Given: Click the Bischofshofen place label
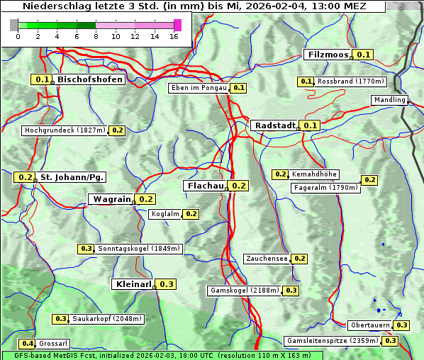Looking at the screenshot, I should tap(90, 80).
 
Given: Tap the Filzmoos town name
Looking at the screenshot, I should tap(328, 55).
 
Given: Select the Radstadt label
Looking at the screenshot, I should tap(274, 125).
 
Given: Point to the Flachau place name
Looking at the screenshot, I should tap(204, 186).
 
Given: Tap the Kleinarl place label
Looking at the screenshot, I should tap(133, 284).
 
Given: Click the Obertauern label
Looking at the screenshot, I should tap(371, 325).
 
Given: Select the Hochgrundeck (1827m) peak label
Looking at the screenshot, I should tap(65, 130).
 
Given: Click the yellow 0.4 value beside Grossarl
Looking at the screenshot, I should tap(28, 344).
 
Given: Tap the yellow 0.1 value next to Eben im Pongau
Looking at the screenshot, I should tap(239, 88).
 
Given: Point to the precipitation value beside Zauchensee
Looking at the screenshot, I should tap(300, 259).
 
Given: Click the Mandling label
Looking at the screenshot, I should tap(389, 100).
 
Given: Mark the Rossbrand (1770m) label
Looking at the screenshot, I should tap(350, 81).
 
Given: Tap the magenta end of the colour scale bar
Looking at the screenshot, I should tap(177, 25).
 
